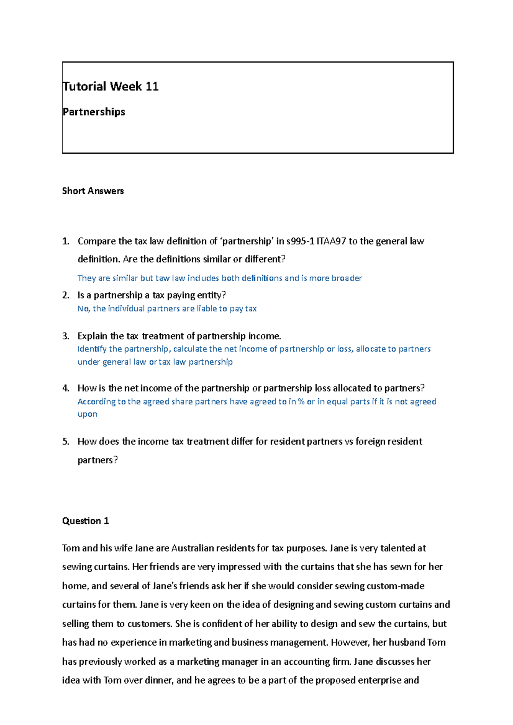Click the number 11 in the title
152,87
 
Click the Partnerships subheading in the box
94,112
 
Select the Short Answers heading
93,191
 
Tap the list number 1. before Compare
65,241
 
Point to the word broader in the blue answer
347,278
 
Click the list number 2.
65,295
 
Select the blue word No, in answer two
84,308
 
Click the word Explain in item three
92,336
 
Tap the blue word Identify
92,349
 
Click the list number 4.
65,388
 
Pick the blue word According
96,401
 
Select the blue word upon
87,414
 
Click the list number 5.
65,441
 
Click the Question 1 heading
85,521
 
